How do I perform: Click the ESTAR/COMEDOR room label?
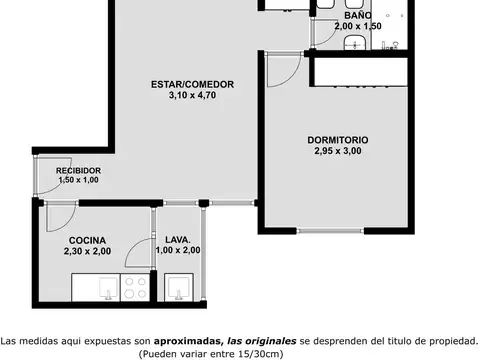pos(192,84)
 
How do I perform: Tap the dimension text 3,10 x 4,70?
pos(192,95)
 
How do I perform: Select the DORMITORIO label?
pos(338,140)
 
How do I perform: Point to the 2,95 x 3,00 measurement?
pos(338,151)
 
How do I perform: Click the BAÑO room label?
pos(358,15)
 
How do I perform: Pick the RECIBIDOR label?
pos(78,171)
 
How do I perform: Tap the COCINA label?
pos(87,240)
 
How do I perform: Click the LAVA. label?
pos(178,240)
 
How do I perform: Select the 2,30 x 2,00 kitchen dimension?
pos(87,251)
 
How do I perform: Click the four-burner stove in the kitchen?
pos(135,287)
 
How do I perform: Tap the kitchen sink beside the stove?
pos(109,288)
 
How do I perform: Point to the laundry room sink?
pos(179,287)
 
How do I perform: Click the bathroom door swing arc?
pos(332,37)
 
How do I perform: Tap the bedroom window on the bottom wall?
pos(330,231)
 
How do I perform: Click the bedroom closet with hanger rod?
pos(361,72)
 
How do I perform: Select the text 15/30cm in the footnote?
pos(260,353)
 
